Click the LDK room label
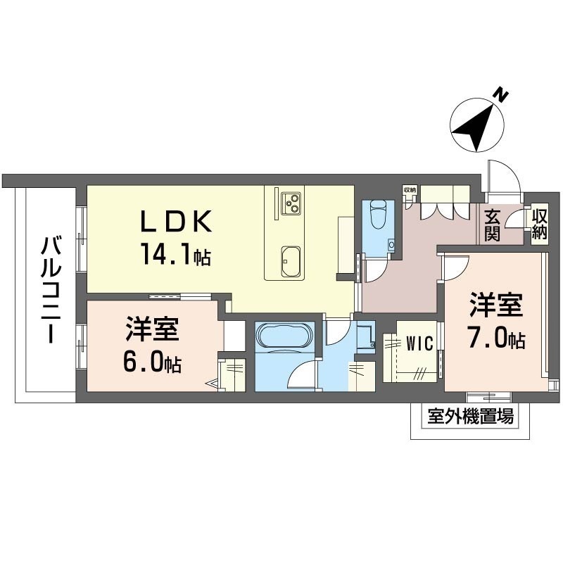click(175, 221)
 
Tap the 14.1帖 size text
click(176, 253)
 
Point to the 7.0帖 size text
click(496, 338)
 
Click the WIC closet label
click(419, 343)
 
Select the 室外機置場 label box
click(470, 417)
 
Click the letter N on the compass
click(500, 95)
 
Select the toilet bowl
click(378, 215)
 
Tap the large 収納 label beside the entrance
click(540, 224)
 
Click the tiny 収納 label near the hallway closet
click(410, 190)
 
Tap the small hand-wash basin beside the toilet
click(391, 245)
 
